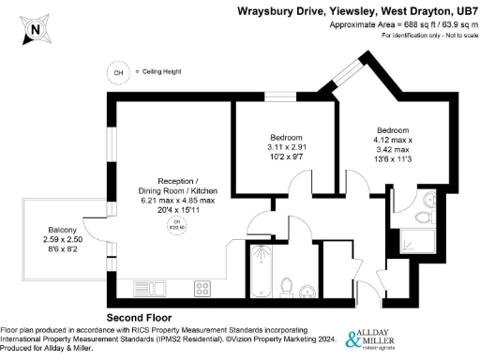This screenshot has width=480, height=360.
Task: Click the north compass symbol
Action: tap(35, 28)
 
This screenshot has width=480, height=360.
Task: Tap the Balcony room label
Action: tap(65, 230)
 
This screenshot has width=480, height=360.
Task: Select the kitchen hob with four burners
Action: tap(202, 287)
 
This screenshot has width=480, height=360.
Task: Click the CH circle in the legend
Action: tap(118, 72)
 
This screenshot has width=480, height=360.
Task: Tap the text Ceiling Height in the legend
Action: tap(160, 72)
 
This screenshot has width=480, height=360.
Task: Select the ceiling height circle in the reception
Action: tap(174, 223)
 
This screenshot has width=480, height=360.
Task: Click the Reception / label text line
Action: tap(177, 180)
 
